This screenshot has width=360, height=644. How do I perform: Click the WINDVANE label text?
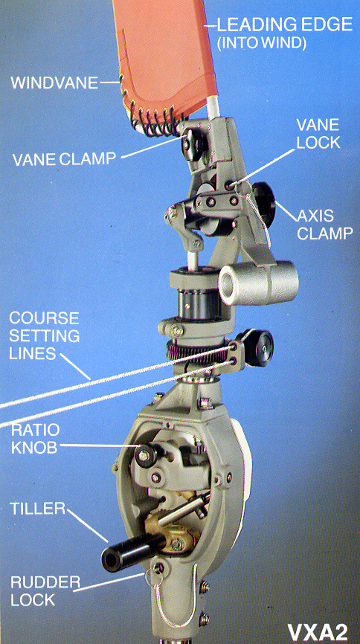54,83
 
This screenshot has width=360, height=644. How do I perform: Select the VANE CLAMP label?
64,159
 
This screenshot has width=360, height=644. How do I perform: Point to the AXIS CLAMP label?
324,225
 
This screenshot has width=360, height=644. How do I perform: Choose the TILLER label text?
37,509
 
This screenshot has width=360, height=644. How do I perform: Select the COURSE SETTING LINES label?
44,335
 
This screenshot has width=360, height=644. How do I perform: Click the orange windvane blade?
164,57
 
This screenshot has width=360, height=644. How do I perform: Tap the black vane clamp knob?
193,144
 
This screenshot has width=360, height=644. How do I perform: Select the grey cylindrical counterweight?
258,283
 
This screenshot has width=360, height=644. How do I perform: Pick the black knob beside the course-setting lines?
259,347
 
